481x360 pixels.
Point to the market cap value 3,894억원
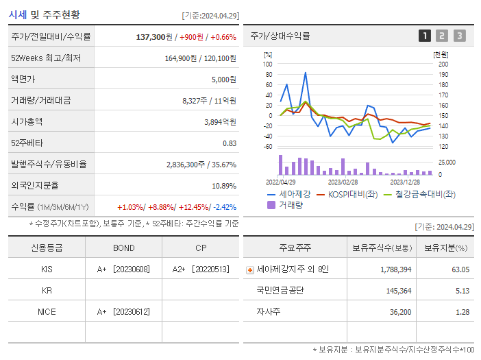[x=220, y=122]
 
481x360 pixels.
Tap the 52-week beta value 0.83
[x=229, y=143]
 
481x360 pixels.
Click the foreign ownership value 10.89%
[x=224, y=186]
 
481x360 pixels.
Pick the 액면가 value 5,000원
[x=223, y=80]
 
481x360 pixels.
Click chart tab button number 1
[x=425, y=36]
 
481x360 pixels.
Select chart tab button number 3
[x=459, y=36]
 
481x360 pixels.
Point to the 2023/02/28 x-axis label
[x=343, y=182]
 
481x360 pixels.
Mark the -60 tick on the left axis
[x=268, y=147]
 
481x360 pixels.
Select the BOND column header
[x=123, y=248]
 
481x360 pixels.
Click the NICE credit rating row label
[x=47, y=312]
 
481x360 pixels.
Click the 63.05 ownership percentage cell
[x=459, y=269]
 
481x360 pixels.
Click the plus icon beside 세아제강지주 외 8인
[x=249, y=270]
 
